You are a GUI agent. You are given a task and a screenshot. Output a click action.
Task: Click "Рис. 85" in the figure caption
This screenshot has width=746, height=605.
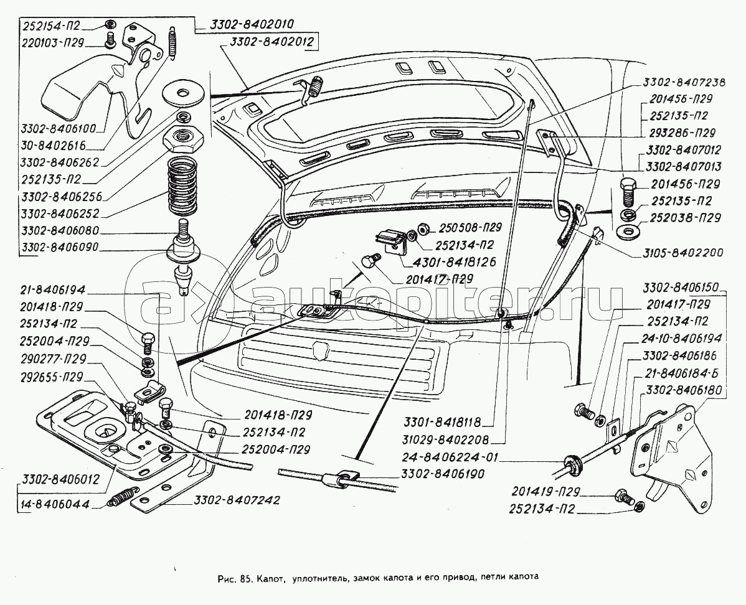point(235,576)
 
